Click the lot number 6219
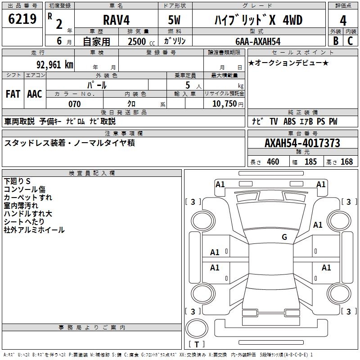point(22,20)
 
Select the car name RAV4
point(116,20)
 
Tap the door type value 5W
point(175,20)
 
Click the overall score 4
point(343,21)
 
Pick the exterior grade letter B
point(335,41)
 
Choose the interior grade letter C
point(350,41)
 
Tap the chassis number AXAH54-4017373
point(302,143)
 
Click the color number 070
point(74,104)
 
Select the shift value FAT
point(13,94)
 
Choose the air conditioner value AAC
point(35,94)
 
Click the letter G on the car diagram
point(284,237)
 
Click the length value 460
point(273,162)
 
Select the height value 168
point(346,162)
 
